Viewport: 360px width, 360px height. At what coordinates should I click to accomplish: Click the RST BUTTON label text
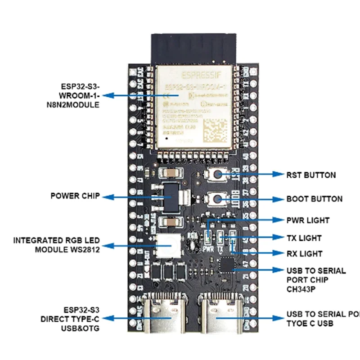pos(311,175)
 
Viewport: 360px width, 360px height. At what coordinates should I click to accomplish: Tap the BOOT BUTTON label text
pos(314,199)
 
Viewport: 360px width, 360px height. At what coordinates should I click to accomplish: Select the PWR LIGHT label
pos(308,220)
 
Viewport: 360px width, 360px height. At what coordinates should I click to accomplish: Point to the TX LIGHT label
pos(304,238)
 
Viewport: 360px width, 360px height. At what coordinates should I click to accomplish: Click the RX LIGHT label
pos(304,254)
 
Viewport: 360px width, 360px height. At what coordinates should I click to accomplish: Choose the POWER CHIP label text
pos(75,196)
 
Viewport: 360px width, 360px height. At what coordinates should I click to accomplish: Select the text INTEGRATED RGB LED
pos(57,241)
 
